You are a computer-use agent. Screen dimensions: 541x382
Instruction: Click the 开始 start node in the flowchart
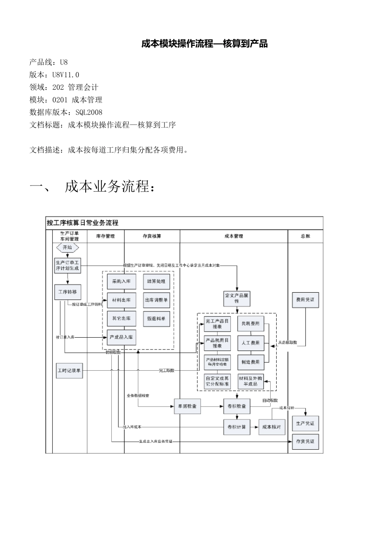click(67, 248)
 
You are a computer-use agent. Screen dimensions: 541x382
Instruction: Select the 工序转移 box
click(67, 292)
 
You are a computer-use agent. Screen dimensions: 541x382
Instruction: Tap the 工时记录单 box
click(69, 370)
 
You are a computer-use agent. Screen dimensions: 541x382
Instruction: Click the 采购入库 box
click(121, 281)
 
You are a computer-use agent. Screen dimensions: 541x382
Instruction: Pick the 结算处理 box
click(156, 281)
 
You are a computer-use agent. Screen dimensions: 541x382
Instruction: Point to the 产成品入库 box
click(121, 337)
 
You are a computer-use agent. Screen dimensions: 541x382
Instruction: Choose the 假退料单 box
click(156, 318)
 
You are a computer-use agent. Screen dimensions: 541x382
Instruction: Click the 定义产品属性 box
click(236, 298)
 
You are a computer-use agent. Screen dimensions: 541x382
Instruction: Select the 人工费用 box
click(251, 343)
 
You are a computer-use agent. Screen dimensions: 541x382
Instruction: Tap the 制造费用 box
click(251, 362)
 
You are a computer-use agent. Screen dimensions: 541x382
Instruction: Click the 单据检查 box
click(187, 406)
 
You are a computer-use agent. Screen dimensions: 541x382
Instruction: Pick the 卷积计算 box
click(236, 427)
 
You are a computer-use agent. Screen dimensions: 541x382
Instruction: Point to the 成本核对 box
click(271, 427)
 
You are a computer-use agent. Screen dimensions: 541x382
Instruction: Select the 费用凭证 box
click(305, 300)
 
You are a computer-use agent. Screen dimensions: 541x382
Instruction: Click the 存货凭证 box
click(305, 442)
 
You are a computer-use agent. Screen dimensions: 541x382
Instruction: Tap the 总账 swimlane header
click(305, 236)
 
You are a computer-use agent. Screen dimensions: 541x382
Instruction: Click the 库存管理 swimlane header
click(105, 236)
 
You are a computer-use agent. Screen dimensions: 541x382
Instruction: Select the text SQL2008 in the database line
click(89, 112)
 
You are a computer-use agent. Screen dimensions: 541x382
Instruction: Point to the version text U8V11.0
click(66, 75)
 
